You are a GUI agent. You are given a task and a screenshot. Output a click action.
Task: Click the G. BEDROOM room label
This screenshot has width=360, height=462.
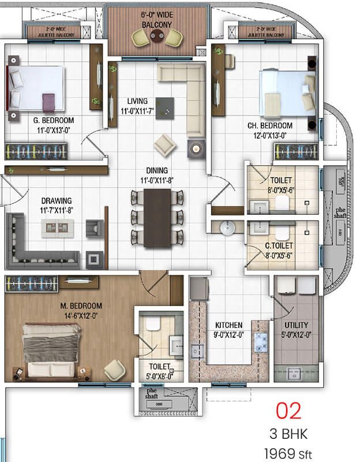53,121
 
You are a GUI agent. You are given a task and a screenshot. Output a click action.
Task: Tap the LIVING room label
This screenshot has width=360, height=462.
137,101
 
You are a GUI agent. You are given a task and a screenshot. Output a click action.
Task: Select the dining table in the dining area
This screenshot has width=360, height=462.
157,218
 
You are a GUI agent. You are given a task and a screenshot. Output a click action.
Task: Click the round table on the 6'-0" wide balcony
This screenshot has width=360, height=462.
155,36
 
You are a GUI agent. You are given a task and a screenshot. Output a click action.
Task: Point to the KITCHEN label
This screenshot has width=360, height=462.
228,325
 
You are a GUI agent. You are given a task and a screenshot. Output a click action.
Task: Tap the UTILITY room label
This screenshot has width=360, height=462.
296,325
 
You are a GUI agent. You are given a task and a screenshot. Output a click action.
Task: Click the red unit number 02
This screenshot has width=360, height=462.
288,411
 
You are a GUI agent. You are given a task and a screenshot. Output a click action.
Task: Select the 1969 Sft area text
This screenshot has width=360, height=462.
288,454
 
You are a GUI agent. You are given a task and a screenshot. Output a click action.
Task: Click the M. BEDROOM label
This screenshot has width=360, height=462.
81,306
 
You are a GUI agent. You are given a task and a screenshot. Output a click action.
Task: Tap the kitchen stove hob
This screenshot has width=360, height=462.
261,342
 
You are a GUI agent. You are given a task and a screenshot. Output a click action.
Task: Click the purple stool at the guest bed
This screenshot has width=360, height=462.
48,103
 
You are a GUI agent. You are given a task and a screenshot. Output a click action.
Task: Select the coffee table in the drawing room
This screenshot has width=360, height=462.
57,228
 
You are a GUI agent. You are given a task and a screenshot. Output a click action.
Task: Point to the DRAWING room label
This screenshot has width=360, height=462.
57,201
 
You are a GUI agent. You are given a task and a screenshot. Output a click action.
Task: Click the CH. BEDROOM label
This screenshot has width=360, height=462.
270,126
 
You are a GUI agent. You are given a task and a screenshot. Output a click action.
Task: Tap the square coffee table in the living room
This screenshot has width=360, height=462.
164,108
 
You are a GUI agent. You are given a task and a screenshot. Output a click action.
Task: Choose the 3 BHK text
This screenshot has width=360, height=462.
288,434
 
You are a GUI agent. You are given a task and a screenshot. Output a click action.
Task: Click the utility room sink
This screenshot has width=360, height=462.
294,374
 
